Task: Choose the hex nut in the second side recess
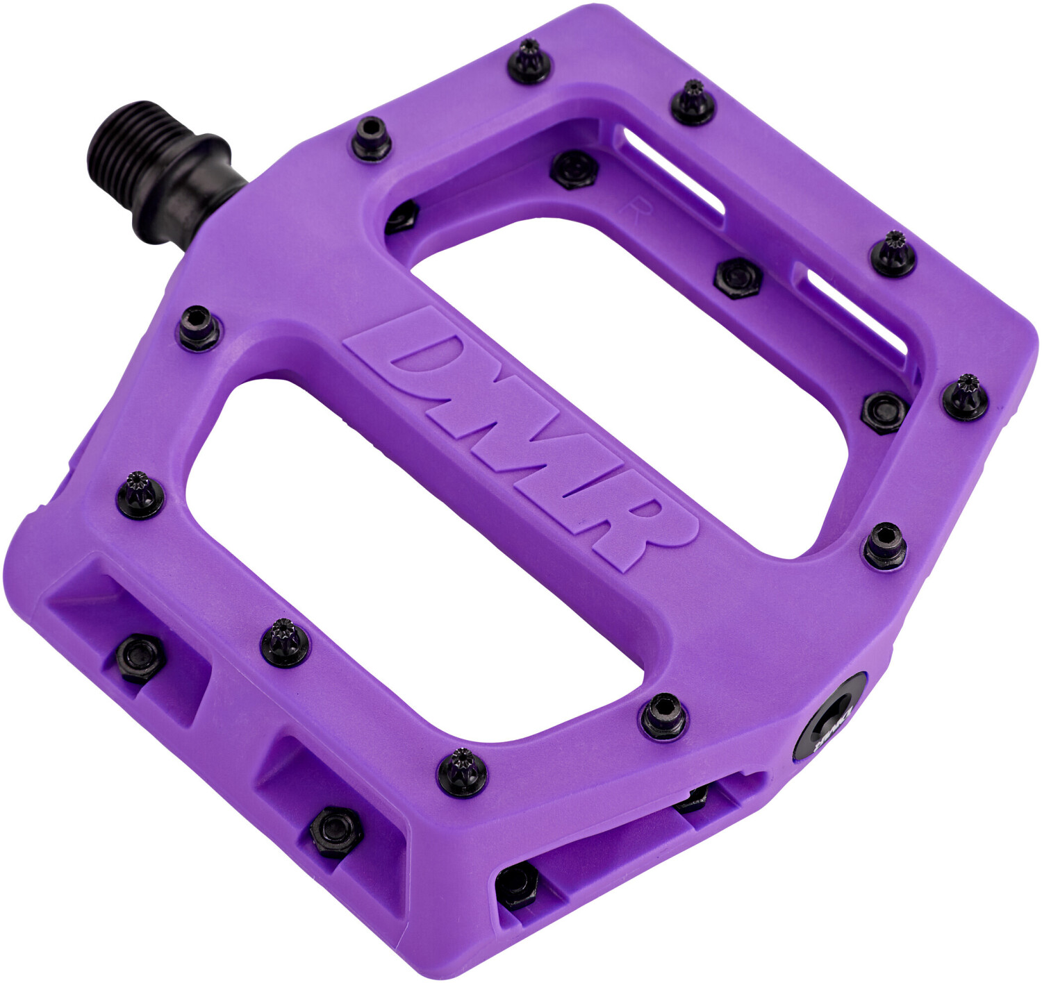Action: coord(336,830)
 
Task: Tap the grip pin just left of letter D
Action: coord(200,327)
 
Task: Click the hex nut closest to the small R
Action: coord(574,168)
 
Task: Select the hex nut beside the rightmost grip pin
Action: coord(885,411)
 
